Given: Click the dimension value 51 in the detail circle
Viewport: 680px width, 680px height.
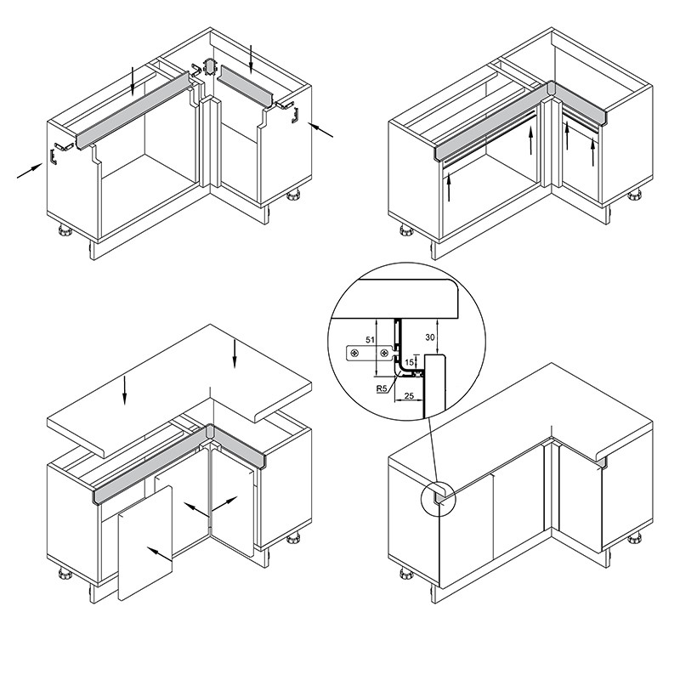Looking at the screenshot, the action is [x=370, y=341].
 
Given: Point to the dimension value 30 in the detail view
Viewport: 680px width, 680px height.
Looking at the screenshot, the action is [x=430, y=337].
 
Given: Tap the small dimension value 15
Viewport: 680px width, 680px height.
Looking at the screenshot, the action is [x=409, y=363].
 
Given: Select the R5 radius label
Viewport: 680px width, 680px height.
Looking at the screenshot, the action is [x=381, y=388].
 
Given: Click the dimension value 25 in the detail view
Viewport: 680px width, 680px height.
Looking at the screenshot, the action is [x=409, y=395].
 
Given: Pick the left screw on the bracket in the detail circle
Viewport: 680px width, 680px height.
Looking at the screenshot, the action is [x=355, y=354].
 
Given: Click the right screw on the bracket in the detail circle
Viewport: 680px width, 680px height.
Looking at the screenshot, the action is [x=384, y=354].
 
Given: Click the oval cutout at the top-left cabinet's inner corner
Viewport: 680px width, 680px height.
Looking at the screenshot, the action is [x=210, y=67].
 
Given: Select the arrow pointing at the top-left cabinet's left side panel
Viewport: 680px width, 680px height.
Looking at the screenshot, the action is [x=30, y=171].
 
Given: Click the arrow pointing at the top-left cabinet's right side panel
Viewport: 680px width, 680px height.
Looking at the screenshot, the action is [x=321, y=130].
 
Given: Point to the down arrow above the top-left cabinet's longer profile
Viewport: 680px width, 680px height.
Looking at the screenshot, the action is [x=133, y=81].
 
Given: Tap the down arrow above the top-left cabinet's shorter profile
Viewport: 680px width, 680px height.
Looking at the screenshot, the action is [x=251, y=59].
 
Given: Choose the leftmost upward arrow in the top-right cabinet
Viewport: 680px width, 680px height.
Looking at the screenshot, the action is [x=449, y=187].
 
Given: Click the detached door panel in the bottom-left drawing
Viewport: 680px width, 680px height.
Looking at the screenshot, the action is [x=145, y=543].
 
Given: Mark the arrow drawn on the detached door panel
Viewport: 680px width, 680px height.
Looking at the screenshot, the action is [x=159, y=554].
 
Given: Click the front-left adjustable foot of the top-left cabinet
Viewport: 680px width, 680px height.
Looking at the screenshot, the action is [x=65, y=229].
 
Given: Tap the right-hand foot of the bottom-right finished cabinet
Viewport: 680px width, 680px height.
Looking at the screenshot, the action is [x=634, y=539].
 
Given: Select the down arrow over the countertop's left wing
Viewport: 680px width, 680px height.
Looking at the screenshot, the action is [x=125, y=390].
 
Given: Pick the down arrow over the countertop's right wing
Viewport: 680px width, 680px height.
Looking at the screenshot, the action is [x=235, y=354].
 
